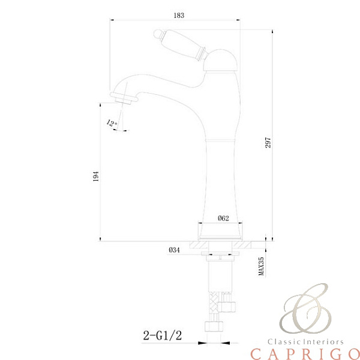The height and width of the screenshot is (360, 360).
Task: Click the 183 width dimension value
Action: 178,14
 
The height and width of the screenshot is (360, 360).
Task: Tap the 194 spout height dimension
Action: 95,176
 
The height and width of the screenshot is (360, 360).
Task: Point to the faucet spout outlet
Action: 121,96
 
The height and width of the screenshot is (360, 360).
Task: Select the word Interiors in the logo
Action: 324,340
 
